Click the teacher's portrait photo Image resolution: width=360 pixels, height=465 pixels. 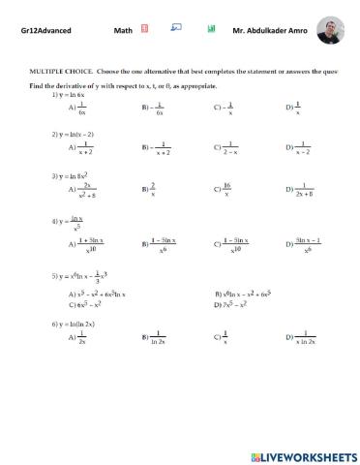tap(330, 30)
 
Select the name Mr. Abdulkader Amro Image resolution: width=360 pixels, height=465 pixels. tap(269, 31)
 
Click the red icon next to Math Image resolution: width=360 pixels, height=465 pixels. tap(144, 30)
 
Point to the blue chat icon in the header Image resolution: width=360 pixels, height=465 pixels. tap(176, 29)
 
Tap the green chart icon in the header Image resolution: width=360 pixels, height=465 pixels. tap(211, 30)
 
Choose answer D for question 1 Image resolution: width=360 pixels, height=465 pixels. tap(297, 109)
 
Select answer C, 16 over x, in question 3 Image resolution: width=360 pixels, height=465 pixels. tap(225, 190)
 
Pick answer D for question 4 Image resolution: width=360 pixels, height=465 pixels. tap(307, 244)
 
